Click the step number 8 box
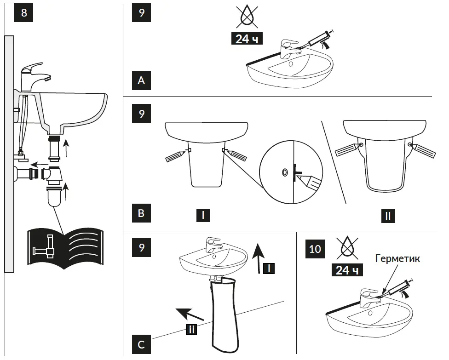click(24, 12)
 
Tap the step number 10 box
click(315, 249)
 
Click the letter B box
click(141, 213)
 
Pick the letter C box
click(141, 344)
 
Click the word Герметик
click(397, 259)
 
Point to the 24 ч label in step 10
click(347, 269)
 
